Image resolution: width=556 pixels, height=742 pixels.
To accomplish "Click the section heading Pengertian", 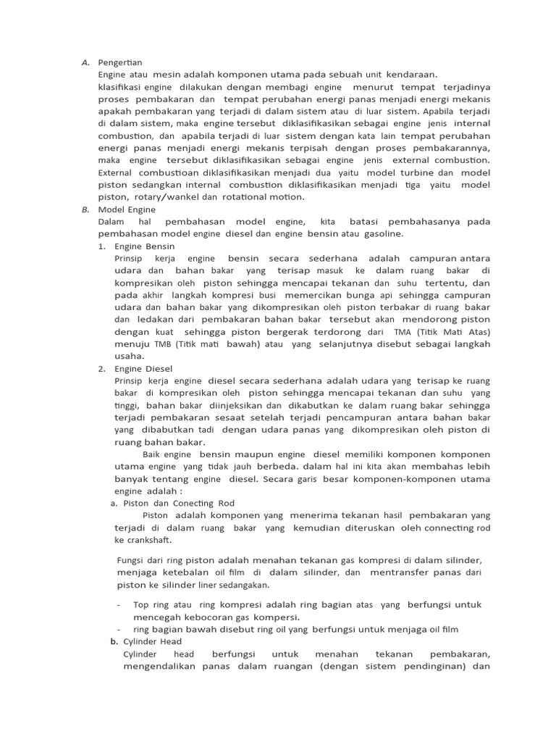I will coord(121,63).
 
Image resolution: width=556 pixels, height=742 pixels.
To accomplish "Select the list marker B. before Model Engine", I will coord(85,209).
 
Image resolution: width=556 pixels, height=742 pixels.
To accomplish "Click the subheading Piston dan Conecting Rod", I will coord(179,503).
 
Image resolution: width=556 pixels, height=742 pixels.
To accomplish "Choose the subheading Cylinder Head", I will coord(153,641).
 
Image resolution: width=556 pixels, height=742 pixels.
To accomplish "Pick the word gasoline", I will coord(379,234).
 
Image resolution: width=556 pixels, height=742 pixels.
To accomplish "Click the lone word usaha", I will coord(130,357).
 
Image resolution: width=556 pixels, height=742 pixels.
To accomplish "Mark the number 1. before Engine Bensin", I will coord(102,246).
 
